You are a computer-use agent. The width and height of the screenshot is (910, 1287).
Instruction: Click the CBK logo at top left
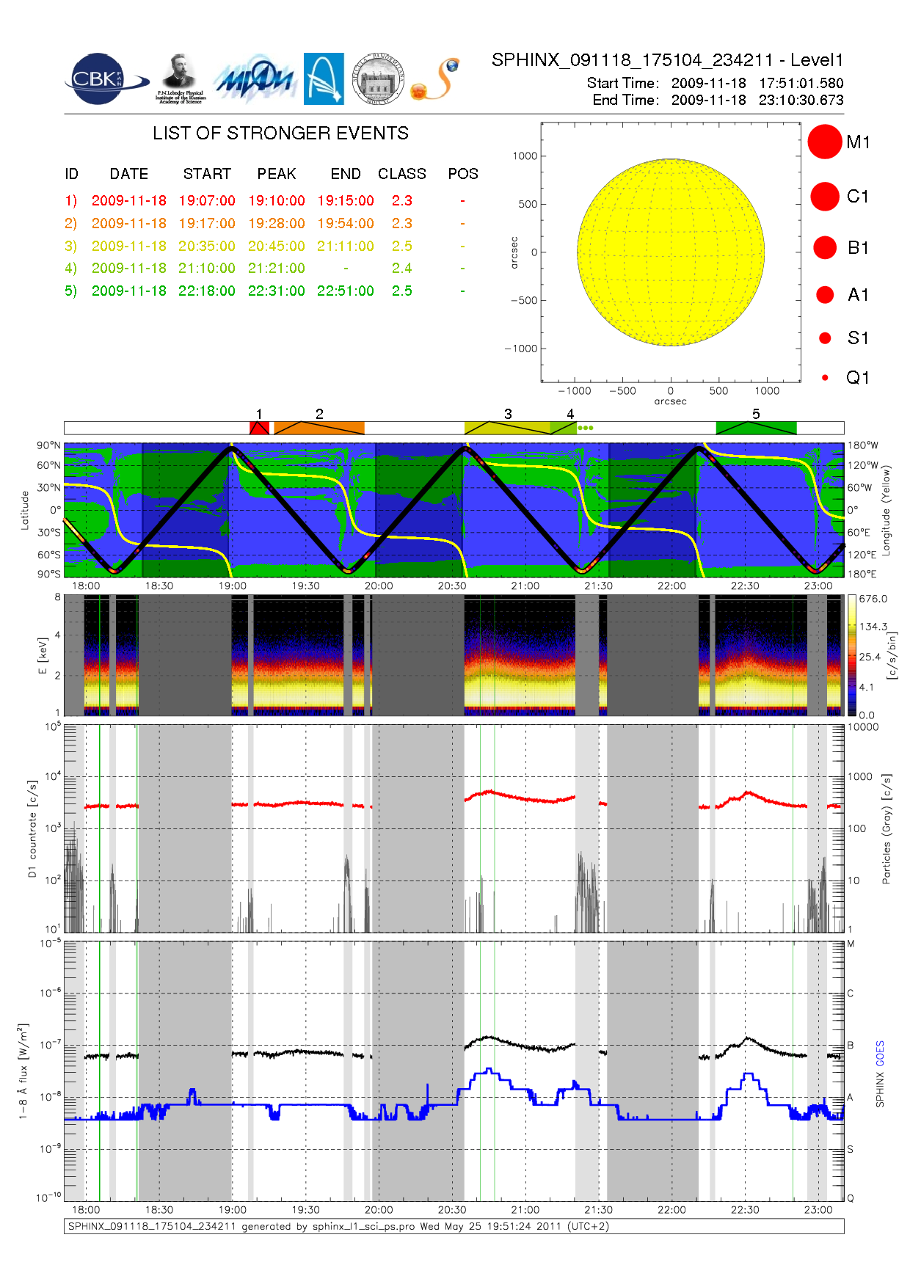(x=98, y=79)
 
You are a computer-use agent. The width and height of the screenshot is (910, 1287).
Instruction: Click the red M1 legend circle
(x=825, y=142)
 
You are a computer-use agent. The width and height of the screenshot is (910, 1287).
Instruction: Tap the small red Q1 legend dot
(x=825, y=378)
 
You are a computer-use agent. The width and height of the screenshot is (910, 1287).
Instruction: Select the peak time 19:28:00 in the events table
(x=276, y=223)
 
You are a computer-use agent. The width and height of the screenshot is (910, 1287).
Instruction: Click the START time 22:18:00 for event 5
(x=206, y=291)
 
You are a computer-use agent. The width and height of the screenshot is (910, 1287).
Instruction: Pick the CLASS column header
(x=401, y=174)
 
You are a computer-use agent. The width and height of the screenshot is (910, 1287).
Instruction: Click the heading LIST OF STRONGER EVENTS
(x=280, y=133)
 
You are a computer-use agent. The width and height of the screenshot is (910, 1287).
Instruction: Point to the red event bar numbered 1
(x=259, y=428)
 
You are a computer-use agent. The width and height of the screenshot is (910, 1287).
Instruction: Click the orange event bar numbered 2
(x=319, y=428)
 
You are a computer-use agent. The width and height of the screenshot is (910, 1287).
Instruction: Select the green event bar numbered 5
(x=756, y=428)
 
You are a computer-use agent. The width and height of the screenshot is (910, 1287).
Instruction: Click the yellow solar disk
(x=671, y=252)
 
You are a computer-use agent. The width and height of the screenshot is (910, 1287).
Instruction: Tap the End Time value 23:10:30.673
(x=801, y=100)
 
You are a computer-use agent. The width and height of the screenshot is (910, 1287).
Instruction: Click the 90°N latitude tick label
(x=48, y=445)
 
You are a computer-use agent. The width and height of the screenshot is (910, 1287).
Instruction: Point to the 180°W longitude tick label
(x=862, y=445)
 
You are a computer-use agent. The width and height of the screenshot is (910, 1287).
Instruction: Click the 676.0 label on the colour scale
(x=873, y=599)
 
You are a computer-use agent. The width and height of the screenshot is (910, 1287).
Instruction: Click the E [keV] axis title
(x=43, y=655)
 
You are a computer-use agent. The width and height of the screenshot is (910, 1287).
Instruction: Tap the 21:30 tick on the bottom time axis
(x=598, y=1210)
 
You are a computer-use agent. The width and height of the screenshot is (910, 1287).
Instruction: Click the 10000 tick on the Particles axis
(x=863, y=727)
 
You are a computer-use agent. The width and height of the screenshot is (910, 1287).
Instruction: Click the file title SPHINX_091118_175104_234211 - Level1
(x=667, y=60)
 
